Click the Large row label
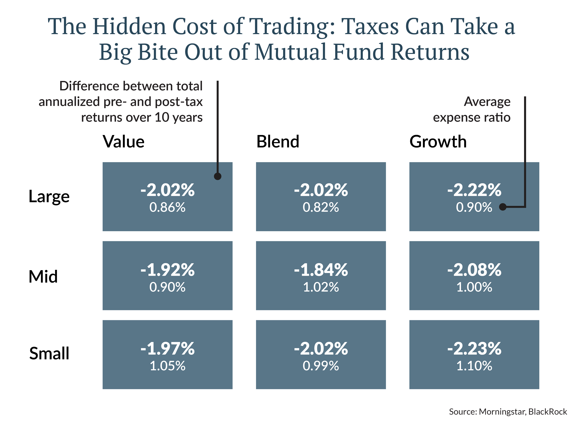coord(49,197)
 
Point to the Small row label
coord(49,353)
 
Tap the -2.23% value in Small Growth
coord(474,349)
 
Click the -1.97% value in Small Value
coord(167,349)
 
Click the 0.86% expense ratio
coord(167,207)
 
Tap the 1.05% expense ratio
coord(167,366)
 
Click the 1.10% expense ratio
coord(474,366)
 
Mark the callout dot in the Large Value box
coord(217,176)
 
